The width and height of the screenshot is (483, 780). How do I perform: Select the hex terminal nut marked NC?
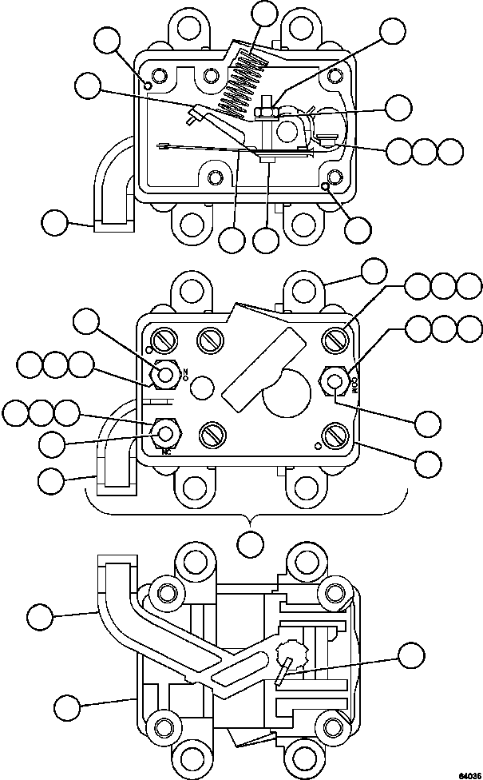pyautogui.click(x=165, y=433)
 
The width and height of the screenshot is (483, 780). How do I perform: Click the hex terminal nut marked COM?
pyautogui.click(x=334, y=382)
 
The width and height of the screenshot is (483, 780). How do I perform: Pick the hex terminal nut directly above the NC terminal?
pyautogui.click(x=165, y=373)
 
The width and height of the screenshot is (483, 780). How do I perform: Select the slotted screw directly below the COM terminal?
pyautogui.click(x=334, y=437)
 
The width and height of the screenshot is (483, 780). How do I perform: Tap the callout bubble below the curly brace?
pyautogui.click(x=251, y=544)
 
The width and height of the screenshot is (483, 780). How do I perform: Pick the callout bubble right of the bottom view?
pyautogui.click(x=413, y=656)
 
